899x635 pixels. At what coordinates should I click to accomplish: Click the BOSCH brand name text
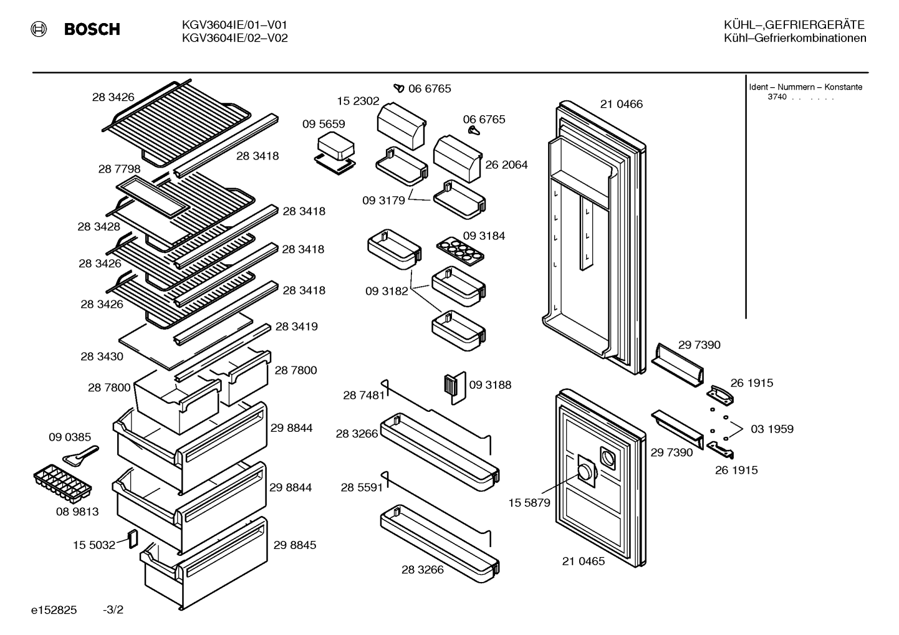pyautogui.click(x=92, y=29)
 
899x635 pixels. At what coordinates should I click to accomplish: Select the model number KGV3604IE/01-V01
pyautogui.click(x=234, y=26)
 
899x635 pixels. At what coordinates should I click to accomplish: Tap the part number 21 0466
pyautogui.click(x=622, y=104)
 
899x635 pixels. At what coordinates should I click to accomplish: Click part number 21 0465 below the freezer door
pyautogui.click(x=583, y=561)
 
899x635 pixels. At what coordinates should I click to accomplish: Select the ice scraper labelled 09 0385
pyautogui.click(x=80, y=456)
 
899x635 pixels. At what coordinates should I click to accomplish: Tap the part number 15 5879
pyautogui.click(x=529, y=503)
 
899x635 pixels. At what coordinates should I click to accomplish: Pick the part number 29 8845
pyautogui.click(x=295, y=545)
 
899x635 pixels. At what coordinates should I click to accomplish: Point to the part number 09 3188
pyautogui.click(x=490, y=384)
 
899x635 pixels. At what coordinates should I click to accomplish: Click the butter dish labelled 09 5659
pyautogui.click(x=335, y=153)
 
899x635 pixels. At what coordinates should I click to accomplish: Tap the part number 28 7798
pyautogui.click(x=119, y=169)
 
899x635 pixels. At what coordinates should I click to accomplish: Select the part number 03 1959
pyautogui.click(x=772, y=429)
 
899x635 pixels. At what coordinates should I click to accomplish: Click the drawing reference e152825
pyautogui.click(x=54, y=610)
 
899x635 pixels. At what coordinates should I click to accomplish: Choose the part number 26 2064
pyautogui.click(x=506, y=165)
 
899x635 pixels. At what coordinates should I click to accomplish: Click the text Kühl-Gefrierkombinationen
pyautogui.click(x=795, y=38)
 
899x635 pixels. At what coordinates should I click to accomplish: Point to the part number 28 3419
pyautogui.click(x=296, y=327)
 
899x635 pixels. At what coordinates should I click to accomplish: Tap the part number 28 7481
pyautogui.click(x=364, y=396)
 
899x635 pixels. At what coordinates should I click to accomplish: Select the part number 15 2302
pyautogui.click(x=358, y=101)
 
